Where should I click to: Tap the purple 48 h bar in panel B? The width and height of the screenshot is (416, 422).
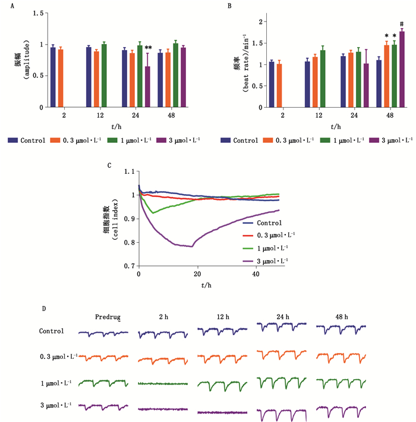click(x=401, y=69)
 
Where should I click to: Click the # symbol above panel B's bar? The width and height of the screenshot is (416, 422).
click(x=402, y=24)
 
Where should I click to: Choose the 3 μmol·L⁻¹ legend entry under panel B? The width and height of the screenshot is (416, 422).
click(x=392, y=140)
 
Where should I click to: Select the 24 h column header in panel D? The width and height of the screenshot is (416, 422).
click(x=282, y=316)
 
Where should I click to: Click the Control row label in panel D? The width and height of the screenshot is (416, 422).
click(x=52, y=331)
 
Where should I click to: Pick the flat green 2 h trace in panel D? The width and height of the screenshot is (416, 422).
click(x=162, y=384)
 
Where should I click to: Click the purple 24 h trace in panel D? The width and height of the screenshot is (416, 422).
click(x=282, y=412)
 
